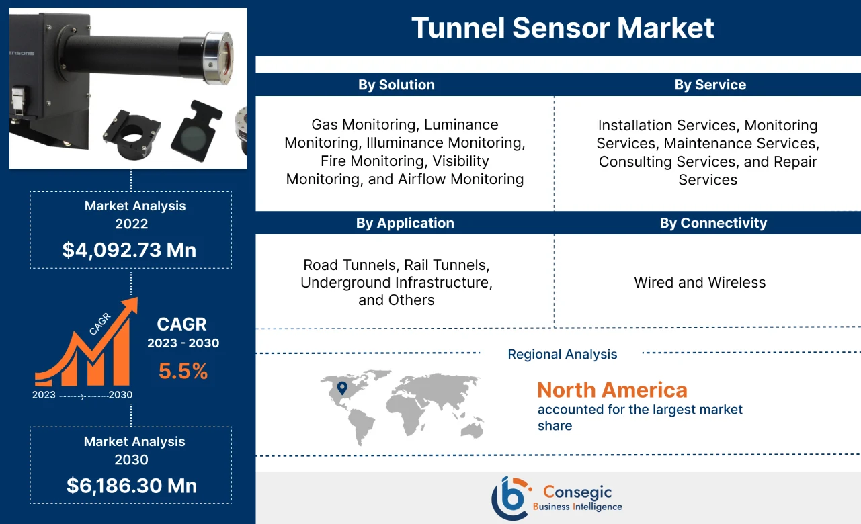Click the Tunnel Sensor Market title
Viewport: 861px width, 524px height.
[563, 28]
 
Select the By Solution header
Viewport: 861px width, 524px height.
[396, 85]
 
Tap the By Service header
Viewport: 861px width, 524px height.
[710, 85]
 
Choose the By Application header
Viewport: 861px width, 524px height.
[405, 223]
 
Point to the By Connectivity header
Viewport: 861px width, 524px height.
[712, 223]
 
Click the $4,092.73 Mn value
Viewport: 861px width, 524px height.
[129, 250]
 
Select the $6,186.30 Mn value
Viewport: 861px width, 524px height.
[132, 486]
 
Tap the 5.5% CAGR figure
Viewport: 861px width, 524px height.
[183, 371]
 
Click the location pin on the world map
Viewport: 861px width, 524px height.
[341, 388]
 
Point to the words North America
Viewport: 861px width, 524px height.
[612, 390]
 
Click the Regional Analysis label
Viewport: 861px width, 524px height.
[562, 354]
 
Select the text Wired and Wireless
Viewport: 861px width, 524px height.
[700, 282]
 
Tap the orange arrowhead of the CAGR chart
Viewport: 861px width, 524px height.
[128, 306]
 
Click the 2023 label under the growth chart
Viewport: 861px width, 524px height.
[44, 395]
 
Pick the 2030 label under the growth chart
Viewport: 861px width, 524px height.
[120, 395]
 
